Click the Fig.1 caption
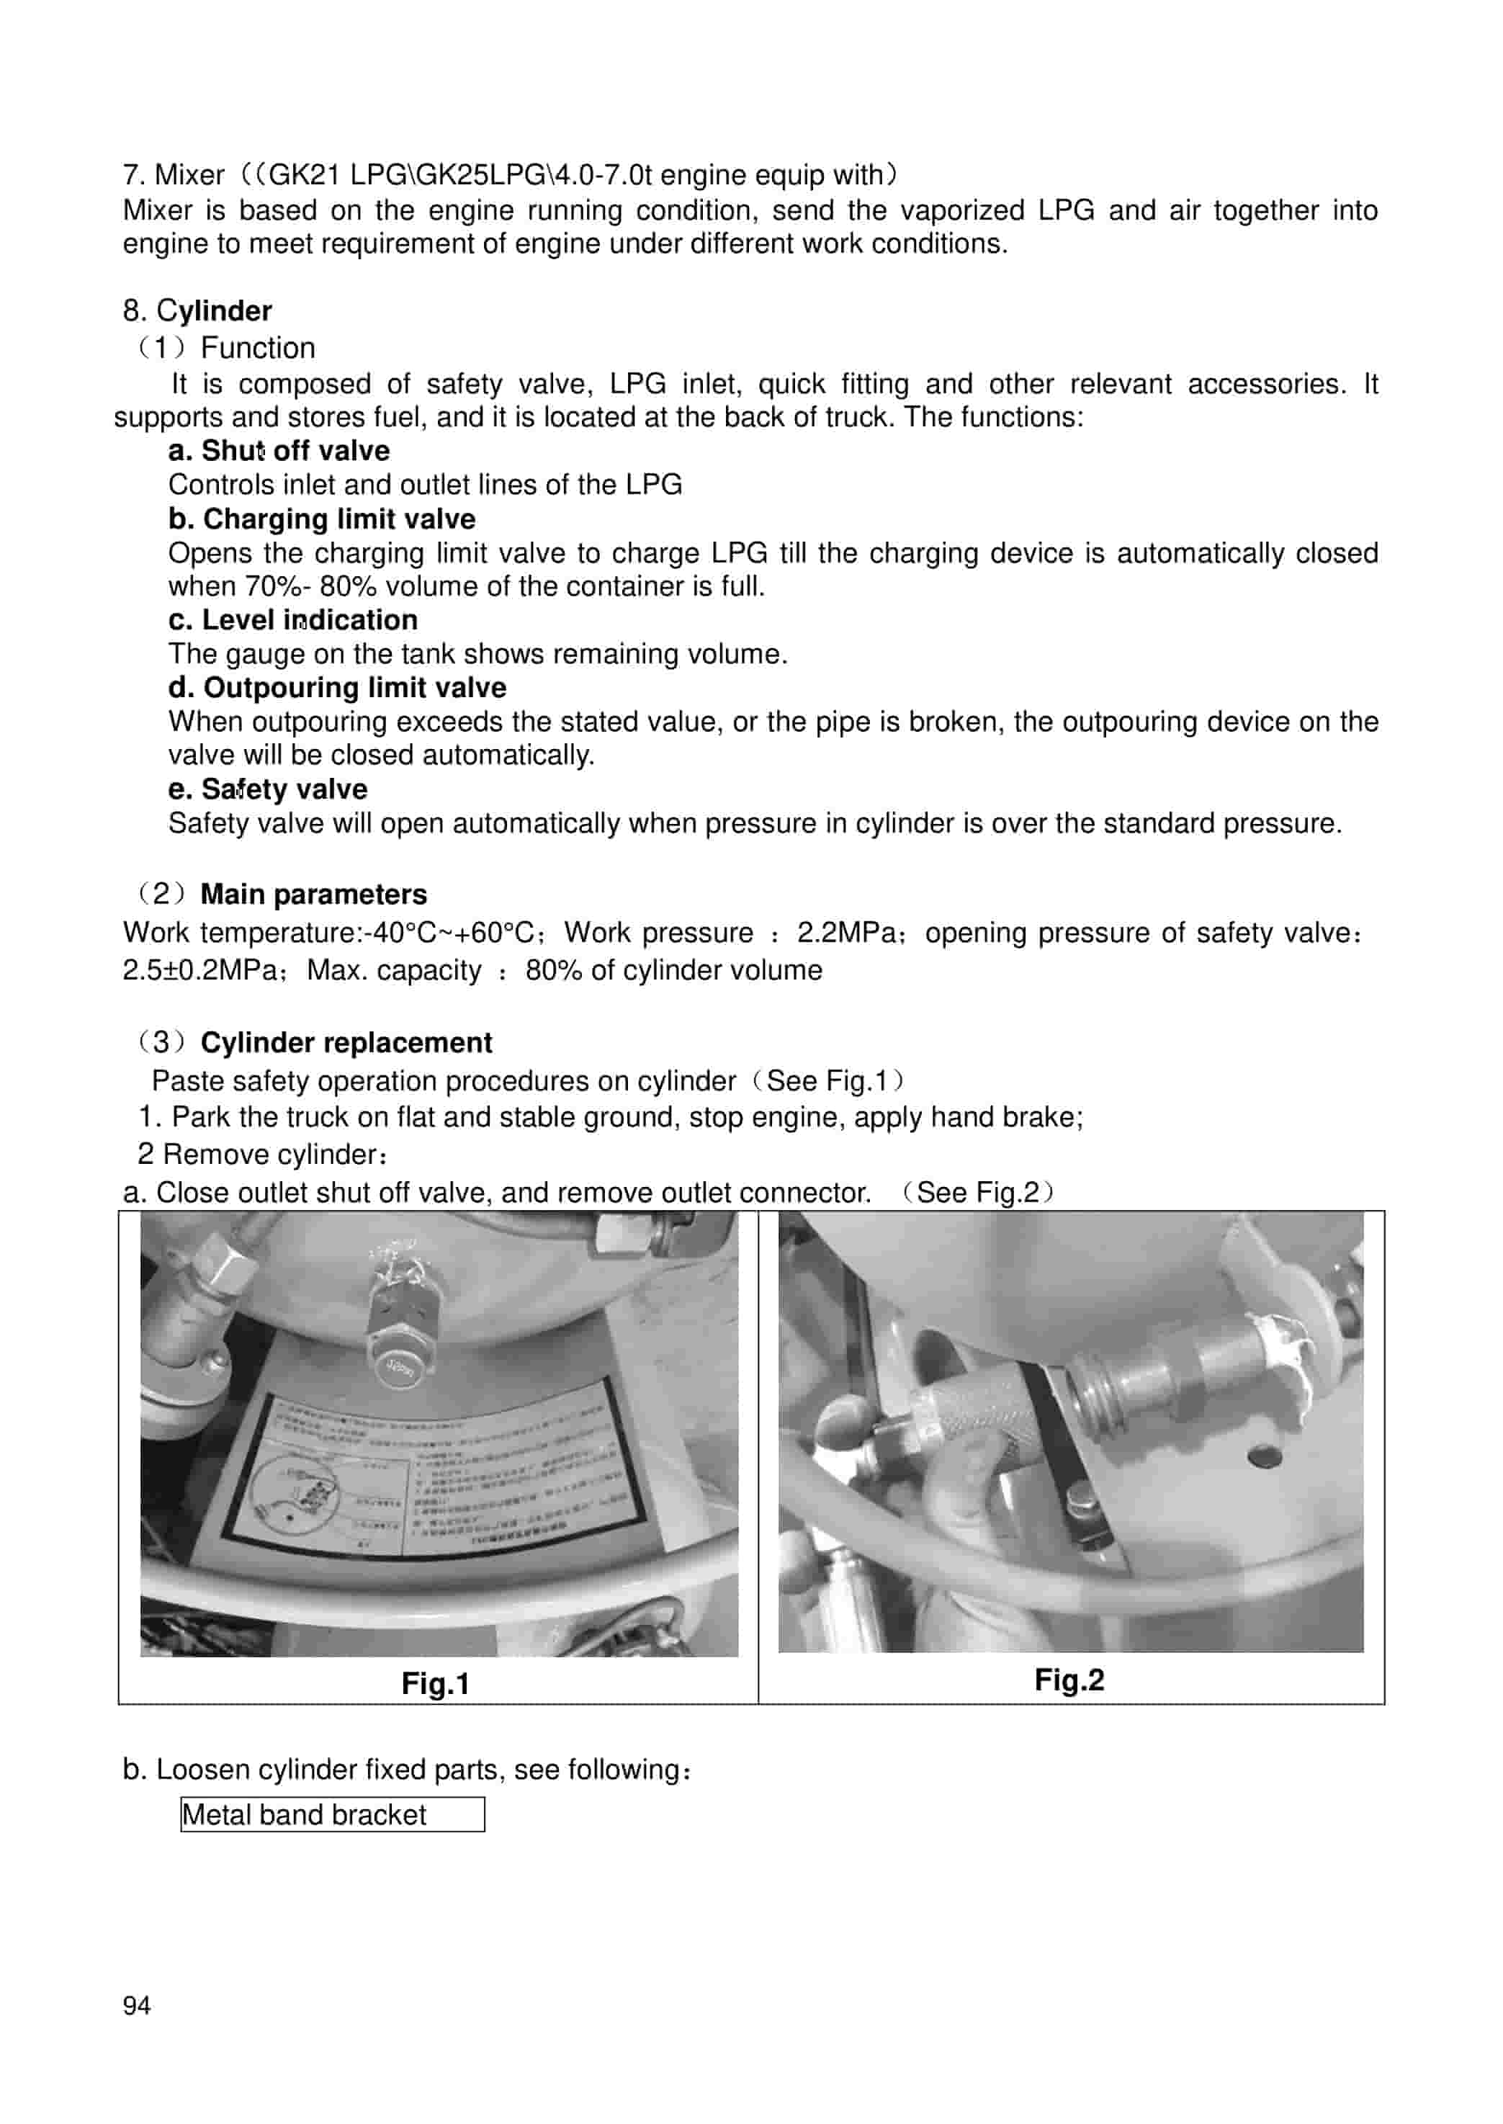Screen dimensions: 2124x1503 (x=435, y=1683)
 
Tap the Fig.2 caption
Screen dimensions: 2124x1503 (x=1069, y=1680)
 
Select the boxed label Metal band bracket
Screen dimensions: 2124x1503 (x=332, y=1815)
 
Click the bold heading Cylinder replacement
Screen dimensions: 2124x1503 (x=346, y=1043)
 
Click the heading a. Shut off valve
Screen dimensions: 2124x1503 (x=279, y=451)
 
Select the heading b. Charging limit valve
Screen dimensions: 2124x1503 (x=321, y=519)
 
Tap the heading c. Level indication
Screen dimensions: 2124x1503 (x=292, y=620)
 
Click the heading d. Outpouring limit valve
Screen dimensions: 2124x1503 (x=337, y=688)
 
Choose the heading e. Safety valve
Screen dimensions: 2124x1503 (x=267, y=789)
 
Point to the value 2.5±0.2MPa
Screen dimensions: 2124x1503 (x=199, y=971)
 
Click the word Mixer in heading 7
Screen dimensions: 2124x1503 (x=189, y=175)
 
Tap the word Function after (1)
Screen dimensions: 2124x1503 (x=257, y=348)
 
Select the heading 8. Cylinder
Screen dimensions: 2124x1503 (x=197, y=311)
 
